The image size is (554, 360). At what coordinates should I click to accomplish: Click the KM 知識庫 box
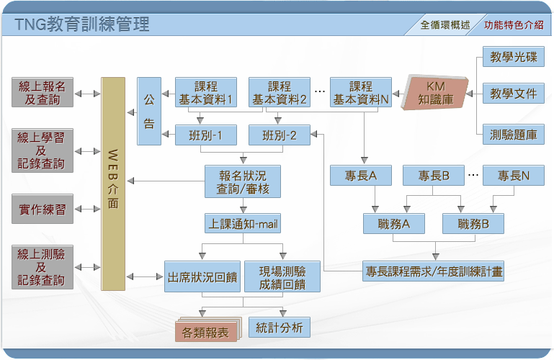pyautogui.click(x=435, y=93)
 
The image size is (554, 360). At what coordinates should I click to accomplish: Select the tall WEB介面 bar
pyautogui.click(x=113, y=184)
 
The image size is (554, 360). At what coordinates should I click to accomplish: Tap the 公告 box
pyautogui.click(x=149, y=111)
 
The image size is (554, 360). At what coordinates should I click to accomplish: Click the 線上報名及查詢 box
pyautogui.click(x=43, y=92)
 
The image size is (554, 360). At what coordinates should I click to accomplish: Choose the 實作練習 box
pyautogui.click(x=43, y=209)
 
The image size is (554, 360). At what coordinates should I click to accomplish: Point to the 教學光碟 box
pyautogui.click(x=514, y=57)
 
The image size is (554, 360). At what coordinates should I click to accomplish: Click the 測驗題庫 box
pyautogui.click(x=514, y=135)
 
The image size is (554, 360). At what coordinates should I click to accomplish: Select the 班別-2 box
pyautogui.click(x=280, y=135)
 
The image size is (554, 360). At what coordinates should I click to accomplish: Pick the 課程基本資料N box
pyautogui.click(x=361, y=92)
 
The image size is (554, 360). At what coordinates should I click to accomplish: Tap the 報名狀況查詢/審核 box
pyautogui.click(x=243, y=181)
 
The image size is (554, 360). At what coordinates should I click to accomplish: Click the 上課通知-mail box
pyautogui.click(x=243, y=223)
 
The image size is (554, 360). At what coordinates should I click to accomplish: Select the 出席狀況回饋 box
pyautogui.click(x=202, y=276)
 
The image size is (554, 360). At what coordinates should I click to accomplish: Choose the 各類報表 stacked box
pyautogui.click(x=207, y=330)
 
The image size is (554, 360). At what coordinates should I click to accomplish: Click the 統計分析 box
pyautogui.click(x=280, y=328)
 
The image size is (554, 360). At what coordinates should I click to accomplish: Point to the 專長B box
pyautogui.click(x=434, y=176)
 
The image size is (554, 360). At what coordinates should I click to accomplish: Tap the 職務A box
pyautogui.click(x=394, y=223)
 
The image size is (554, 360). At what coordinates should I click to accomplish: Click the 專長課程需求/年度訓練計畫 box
pyautogui.click(x=433, y=271)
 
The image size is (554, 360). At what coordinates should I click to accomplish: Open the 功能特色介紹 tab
pyautogui.click(x=514, y=24)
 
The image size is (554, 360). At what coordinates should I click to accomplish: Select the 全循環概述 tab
pyautogui.click(x=445, y=24)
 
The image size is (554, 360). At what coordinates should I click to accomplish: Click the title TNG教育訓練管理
pyautogui.click(x=82, y=24)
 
